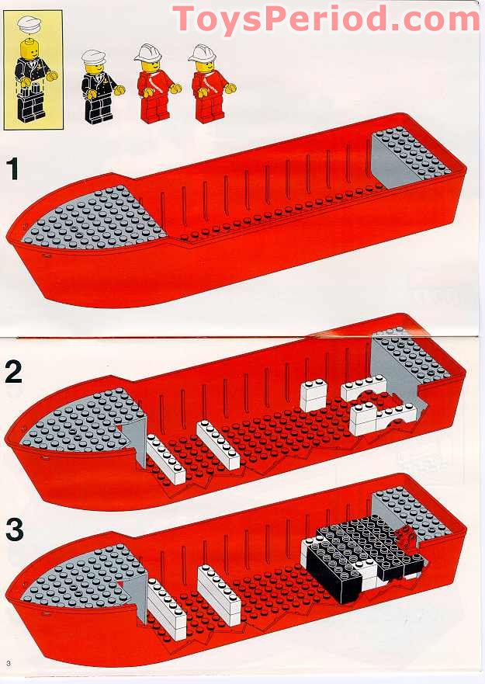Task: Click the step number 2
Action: (13, 372)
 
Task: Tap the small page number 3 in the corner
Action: (8, 662)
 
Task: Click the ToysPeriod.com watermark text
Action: (325, 19)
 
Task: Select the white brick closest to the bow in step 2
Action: (165, 459)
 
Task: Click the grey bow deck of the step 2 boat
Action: (74, 419)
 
